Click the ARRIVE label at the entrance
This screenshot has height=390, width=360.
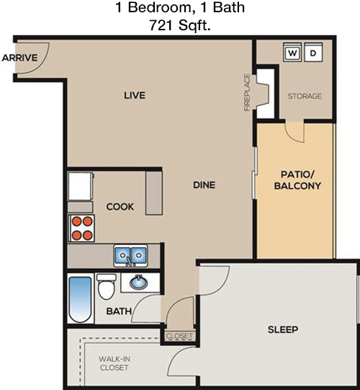(x=19, y=58)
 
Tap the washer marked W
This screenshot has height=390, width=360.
(x=292, y=52)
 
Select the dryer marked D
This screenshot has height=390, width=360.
(x=313, y=52)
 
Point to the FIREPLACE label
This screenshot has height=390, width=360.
(x=247, y=92)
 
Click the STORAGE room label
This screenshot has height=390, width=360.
(x=305, y=96)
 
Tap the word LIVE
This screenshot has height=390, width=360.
(x=135, y=95)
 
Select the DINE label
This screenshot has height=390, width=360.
(x=204, y=185)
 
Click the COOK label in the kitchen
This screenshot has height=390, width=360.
(x=120, y=207)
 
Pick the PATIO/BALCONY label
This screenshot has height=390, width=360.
(x=297, y=180)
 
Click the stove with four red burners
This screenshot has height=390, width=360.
(x=81, y=228)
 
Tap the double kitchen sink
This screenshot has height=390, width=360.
(x=131, y=255)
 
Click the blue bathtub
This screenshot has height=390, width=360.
(x=80, y=300)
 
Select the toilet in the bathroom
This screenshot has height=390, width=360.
(x=107, y=286)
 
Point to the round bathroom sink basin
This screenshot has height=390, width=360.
(x=139, y=283)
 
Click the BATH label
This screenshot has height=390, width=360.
(x=119, y=311)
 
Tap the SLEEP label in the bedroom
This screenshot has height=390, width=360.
(x=283, y=329)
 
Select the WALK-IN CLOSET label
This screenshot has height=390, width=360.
(x=114, y=363)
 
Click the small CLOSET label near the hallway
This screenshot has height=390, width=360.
(x=179, y=336)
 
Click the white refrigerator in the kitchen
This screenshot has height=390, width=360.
(x=81, y=186)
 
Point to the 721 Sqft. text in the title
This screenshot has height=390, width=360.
(x=179, y=25)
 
